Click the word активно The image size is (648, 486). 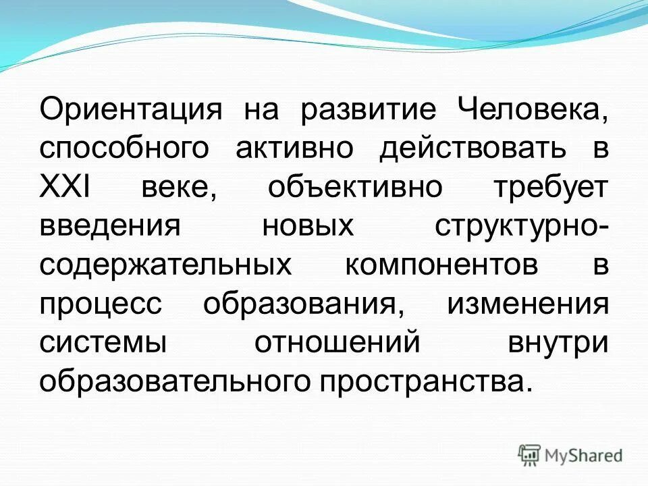(x=294, y=148)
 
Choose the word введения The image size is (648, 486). (x=109, y=226)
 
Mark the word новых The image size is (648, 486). (x=308, y=226)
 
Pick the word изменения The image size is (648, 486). (x=527, y=303)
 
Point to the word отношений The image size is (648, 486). (x=337, y=342)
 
